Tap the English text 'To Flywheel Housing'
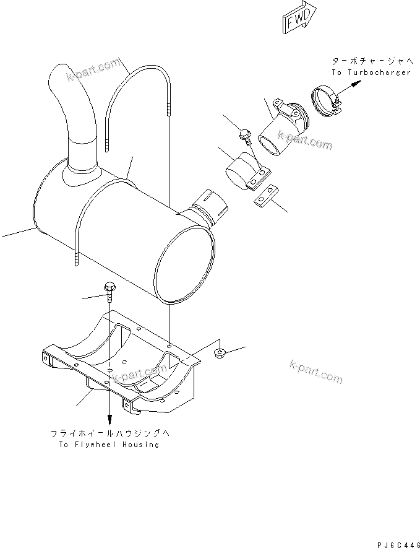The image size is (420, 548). coord(109,445)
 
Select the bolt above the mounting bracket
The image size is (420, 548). coord(109,290)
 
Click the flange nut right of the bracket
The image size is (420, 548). coord(218,354)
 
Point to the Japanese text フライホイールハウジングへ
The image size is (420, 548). coord(109,433)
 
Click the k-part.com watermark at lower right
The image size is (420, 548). coord(315,372)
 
